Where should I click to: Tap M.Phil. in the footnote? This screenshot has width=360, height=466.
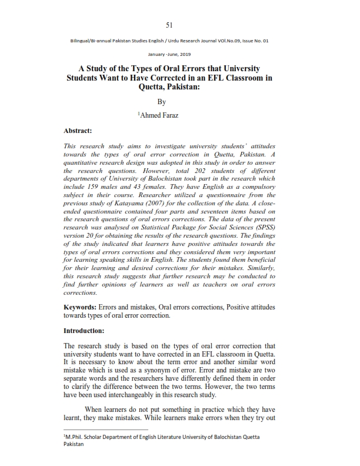pyautogui.click(x=75, y=438)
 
